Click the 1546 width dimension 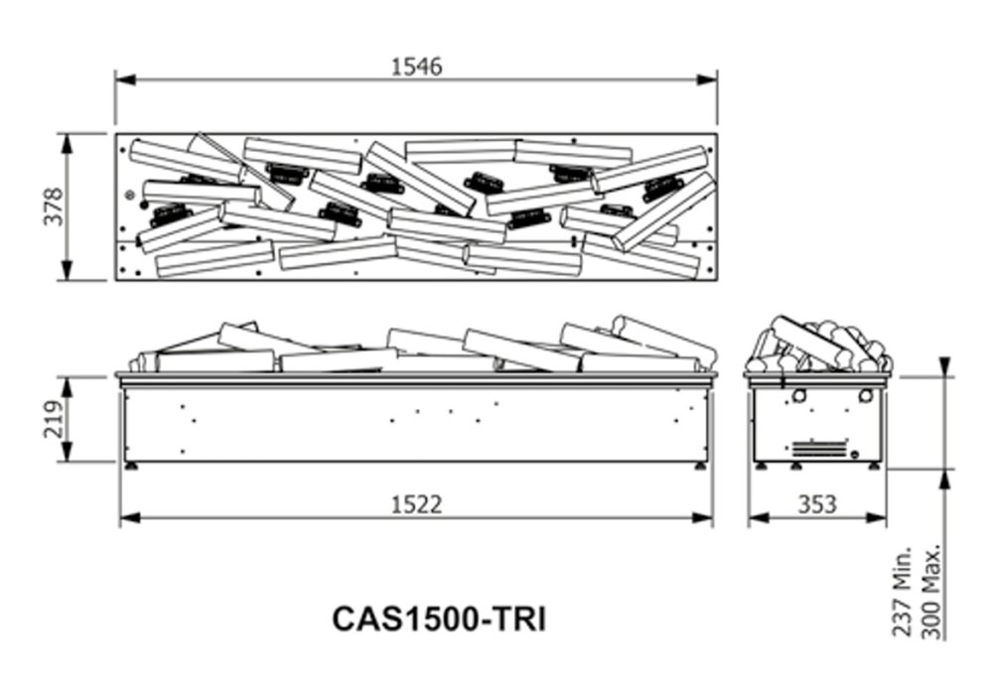pos(416,66)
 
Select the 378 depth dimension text pos(54,206)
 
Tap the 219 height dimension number pos(54,419)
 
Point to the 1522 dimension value pos(417,505)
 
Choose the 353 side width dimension pos(817,505)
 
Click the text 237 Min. pos(902,591)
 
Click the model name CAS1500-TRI pos(438,618)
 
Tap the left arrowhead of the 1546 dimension pos(125,79)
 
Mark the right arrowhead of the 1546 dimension pos(707,79)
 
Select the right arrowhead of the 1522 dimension pos(703,518)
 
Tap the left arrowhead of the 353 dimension pos(758,518)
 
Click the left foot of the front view pos(132,467)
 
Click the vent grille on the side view pos(819,447)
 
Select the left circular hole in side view pos(799,396)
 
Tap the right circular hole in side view pos(866,396)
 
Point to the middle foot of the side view pos(795,467)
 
